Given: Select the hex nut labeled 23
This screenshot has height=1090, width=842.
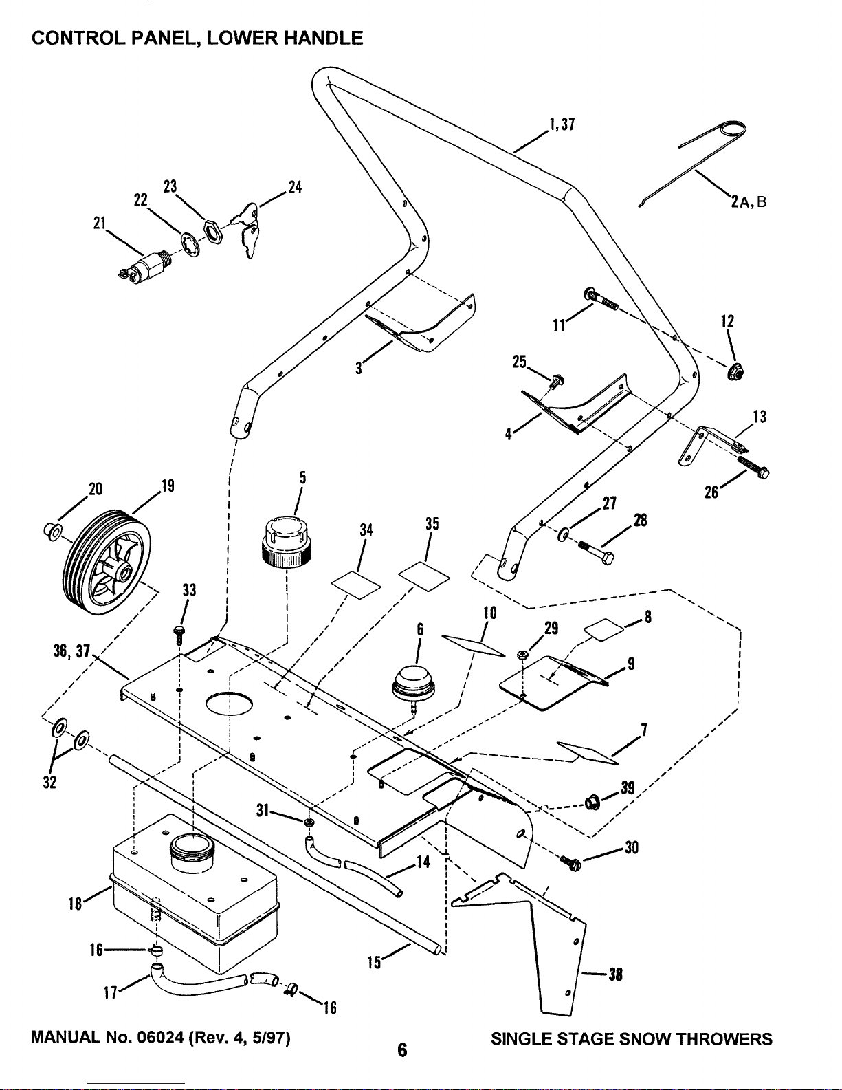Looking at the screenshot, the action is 212,232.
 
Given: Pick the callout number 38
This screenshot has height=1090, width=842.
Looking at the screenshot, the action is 615,974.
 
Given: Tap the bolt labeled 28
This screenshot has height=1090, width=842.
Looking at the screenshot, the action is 597,552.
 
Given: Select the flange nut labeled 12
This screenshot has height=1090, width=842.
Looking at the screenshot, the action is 735,371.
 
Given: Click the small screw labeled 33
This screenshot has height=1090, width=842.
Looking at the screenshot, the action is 179,635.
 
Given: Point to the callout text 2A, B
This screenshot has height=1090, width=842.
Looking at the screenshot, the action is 749,202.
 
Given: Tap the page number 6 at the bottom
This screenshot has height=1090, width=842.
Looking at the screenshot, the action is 402,1049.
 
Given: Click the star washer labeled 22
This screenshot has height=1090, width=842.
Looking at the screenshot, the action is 190,245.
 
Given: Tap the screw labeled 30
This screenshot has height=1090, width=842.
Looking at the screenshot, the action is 572,863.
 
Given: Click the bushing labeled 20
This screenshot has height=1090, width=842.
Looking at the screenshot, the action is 53,531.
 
